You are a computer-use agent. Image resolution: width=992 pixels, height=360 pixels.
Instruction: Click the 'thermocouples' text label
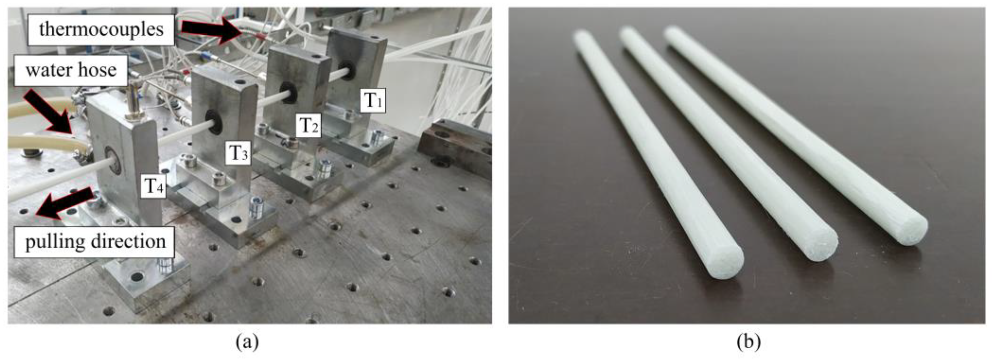[101, 30]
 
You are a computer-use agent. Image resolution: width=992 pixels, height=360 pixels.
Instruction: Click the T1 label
[373, 100]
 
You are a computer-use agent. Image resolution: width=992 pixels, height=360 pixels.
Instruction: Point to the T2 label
[309, 125]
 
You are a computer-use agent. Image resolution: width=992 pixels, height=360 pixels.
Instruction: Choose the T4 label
[153, 186]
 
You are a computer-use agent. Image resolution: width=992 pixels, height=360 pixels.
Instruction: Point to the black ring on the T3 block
[213, 123]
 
